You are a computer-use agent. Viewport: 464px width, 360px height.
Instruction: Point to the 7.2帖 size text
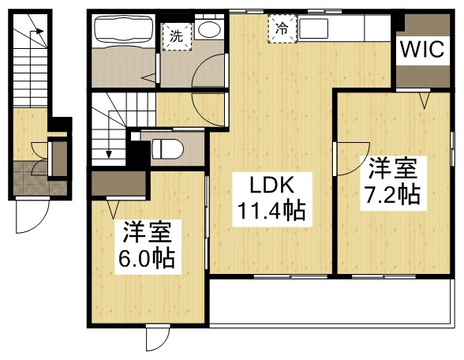[x=391, y=194]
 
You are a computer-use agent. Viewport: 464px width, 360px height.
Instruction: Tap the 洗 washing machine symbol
[x=176, y=36]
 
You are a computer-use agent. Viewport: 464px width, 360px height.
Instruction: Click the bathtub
[x=124, y=32]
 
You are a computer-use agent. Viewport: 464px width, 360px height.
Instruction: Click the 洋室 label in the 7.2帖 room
[x=391, y=168]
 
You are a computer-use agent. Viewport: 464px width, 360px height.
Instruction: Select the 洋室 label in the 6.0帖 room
[x=148, y=232]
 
